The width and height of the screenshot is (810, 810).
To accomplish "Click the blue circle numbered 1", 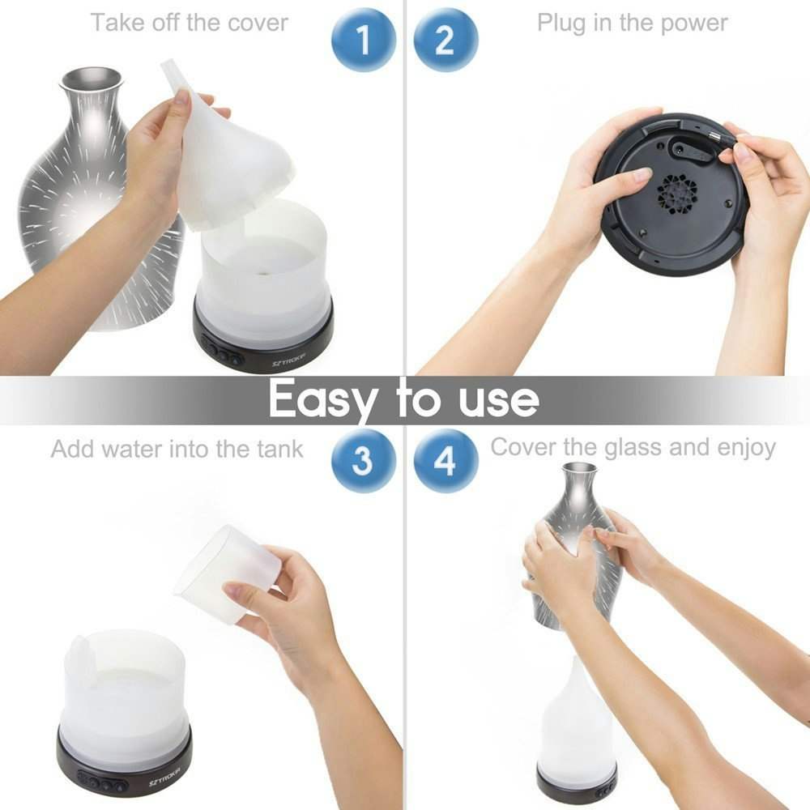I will point(364,40).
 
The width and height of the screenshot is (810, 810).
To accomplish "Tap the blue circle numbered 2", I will point(446,40).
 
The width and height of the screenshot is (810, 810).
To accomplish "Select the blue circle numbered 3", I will point(364,461).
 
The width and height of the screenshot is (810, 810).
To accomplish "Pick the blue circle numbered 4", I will point(446,461).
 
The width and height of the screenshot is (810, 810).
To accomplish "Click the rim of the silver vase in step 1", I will point(91,77).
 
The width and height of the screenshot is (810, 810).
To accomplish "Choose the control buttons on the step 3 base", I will point(99,783).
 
